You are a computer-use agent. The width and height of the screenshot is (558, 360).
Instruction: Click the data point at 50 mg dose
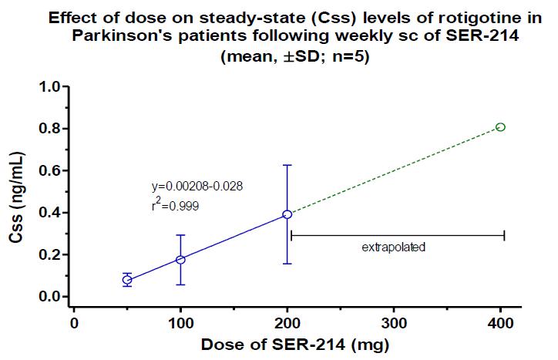click(127, 280)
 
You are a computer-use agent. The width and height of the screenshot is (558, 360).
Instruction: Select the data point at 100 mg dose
click(180, 260)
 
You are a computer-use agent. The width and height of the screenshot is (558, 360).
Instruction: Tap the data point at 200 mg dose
click(287, 214)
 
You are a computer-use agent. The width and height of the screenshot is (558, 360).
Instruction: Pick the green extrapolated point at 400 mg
click(500, 126)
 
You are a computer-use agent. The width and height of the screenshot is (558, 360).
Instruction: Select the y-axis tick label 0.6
click(50, 170)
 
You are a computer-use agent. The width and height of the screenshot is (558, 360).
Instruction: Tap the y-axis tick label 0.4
click(50, 213)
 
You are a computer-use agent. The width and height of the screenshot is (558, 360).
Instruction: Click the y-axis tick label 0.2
click(50, 255)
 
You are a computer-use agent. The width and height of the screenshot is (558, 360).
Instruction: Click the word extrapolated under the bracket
click(393, 248)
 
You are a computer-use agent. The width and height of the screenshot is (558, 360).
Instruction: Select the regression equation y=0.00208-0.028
click(199, 187)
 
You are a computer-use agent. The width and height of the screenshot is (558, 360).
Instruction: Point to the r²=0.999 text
click(176, 206)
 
